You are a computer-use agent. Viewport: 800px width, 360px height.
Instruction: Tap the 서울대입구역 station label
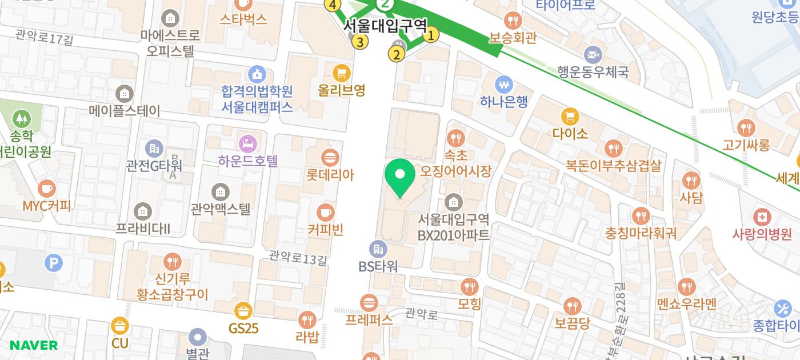(385, 26)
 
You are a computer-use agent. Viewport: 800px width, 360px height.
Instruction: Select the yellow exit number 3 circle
(360, 42)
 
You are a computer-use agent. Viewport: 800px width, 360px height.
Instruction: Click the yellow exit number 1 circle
(431, 35)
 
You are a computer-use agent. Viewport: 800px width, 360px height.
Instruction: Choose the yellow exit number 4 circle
(333, 5)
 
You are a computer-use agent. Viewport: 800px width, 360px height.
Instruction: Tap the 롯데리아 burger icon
(330, 157)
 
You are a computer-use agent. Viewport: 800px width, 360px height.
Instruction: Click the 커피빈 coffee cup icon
(326, 213)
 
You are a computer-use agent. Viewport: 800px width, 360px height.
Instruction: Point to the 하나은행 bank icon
(503, 85)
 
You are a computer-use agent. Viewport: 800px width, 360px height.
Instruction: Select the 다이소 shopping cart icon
(570, 117)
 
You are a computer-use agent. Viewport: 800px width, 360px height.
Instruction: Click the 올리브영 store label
(342, 90)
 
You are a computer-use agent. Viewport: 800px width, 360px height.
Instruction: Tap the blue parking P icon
(54, 263)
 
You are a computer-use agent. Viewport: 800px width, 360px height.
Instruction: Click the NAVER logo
(34, 345)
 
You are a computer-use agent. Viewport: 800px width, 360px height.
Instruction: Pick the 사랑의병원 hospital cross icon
(762, 217)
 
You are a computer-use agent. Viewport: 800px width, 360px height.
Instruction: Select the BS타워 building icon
(378, 249)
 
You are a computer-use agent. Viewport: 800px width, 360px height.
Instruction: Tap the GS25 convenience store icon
(243, 311)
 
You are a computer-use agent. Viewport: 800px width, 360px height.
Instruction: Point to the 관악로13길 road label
(298, 259)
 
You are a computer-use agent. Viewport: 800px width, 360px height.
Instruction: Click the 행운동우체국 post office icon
(593, 55)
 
